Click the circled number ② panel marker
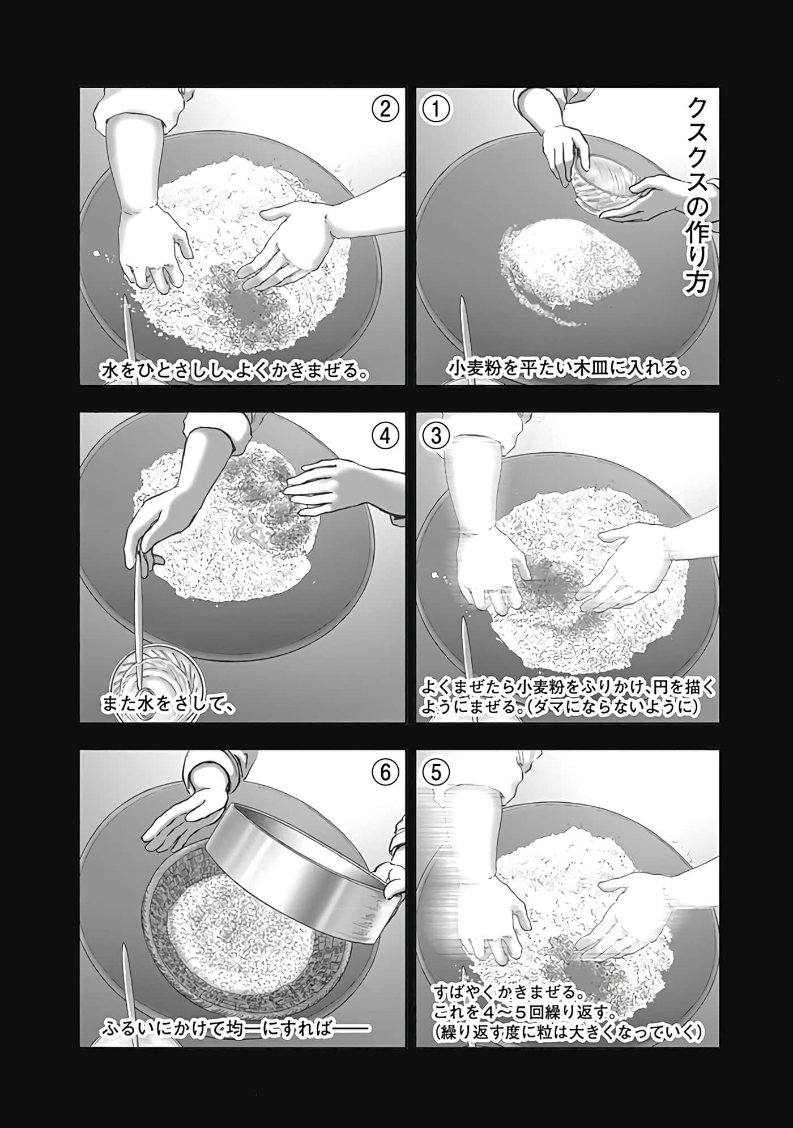(x=386, y=109)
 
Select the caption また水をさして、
(x=168, y=705)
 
